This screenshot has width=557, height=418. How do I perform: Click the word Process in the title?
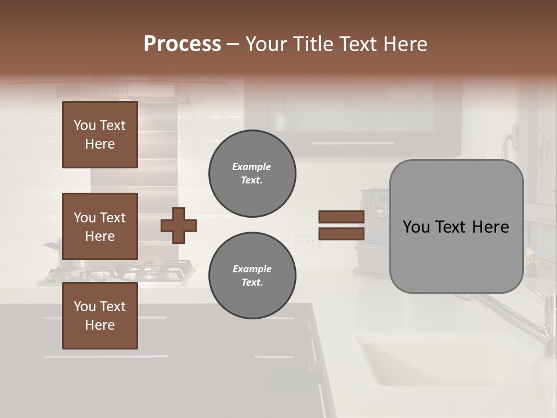[x=182, y=44]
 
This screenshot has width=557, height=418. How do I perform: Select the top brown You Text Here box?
[x=100, y=135]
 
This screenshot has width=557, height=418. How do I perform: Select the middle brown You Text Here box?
[x=100, y=226]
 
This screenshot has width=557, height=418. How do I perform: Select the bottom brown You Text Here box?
[x=100, y=316]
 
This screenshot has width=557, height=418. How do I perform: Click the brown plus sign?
[x=179, y=225]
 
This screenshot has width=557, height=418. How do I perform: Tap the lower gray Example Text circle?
[x=252, y=275]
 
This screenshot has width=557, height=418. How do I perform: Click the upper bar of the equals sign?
[x=342, y=217]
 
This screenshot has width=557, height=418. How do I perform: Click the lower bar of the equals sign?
[x=342, y=234]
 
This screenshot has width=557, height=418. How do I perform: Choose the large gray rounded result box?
[x=456, y=226]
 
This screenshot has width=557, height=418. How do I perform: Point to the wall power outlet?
[x=304, y=239]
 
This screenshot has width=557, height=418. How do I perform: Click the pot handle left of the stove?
[x=52, y=246]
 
